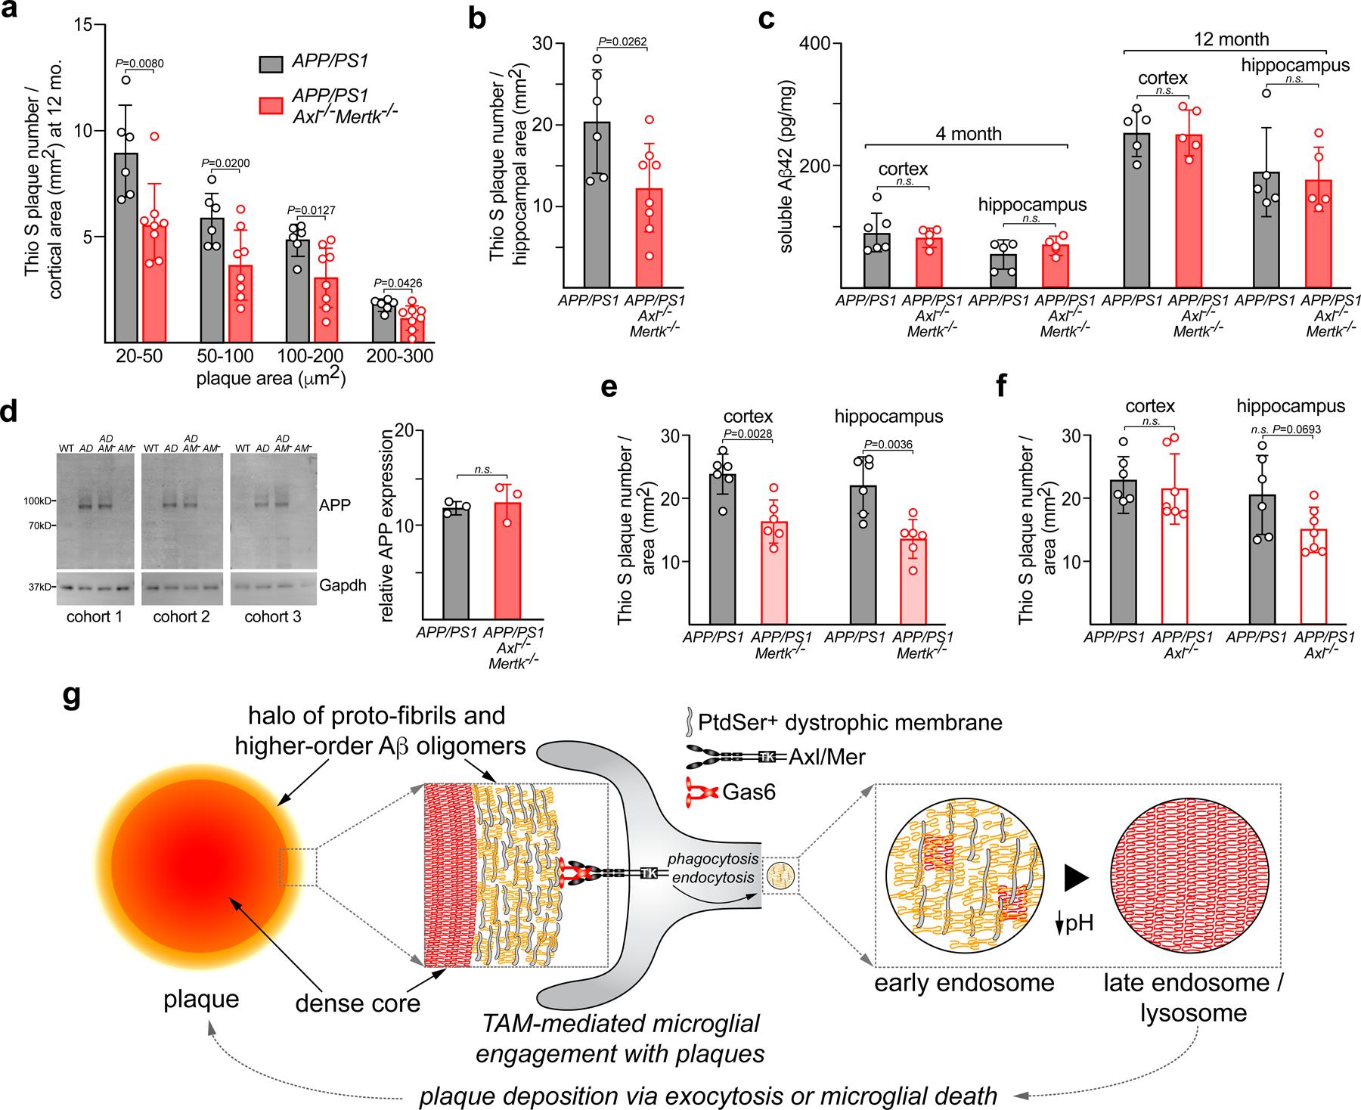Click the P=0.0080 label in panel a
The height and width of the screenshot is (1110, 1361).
click(139, 63)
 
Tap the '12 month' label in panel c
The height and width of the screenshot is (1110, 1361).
click(1231, 39)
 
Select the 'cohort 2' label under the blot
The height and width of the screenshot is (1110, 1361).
click(181, 617)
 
